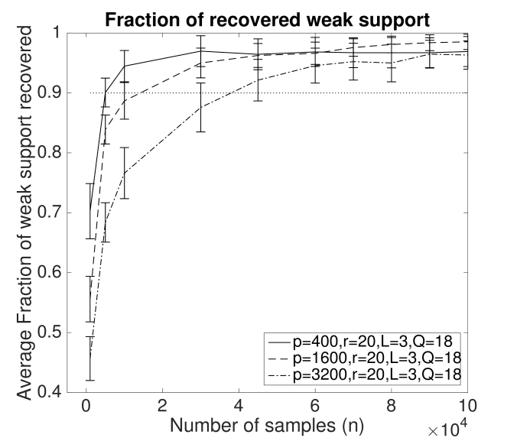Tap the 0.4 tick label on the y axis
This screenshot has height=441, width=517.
tap(54, 393)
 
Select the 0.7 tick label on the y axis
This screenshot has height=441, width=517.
tap(54, 213)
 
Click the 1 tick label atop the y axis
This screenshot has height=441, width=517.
tap(61, 34)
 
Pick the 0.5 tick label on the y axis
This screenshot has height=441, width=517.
tap(54, 333)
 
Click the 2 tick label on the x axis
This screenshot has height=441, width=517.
tap(162, 404)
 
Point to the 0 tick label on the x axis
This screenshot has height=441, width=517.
tap(86, 404)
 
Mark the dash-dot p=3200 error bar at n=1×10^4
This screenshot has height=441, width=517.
tap(124, 173)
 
